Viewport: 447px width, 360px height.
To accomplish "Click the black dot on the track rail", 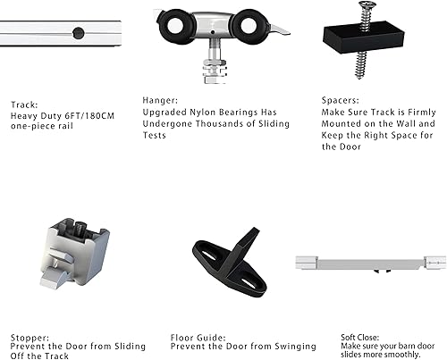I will (x=79, y=33).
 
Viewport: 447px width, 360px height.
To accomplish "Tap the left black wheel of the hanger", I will (x=173, y=26).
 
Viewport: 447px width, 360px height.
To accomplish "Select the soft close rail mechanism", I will (x=370, y=265).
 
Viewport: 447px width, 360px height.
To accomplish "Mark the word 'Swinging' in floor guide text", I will (x=291, y=347).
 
